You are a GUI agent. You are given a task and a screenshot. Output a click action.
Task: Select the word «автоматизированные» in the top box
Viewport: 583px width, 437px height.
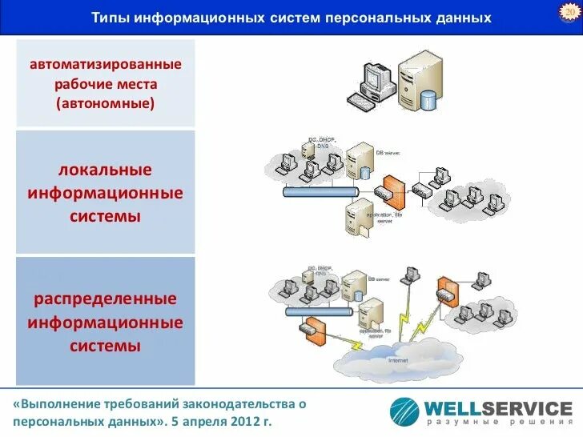coord(106,63)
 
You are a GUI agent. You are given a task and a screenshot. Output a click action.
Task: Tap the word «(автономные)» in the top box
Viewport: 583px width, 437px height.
coord(106,103)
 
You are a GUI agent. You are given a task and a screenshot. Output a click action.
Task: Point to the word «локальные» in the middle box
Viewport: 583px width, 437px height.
coord(105,170)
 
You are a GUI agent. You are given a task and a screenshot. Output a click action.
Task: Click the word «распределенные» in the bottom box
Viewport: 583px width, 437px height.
coord(105,299)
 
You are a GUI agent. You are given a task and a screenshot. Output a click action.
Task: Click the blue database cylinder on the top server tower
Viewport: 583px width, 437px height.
coord(429,100)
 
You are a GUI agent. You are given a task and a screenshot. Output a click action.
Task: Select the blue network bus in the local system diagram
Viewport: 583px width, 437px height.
coord(320,193)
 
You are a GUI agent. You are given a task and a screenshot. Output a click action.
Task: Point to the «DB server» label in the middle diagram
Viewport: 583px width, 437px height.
coord(388,152)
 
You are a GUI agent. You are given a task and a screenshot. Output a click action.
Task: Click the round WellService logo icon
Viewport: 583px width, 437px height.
coord(404,411)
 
